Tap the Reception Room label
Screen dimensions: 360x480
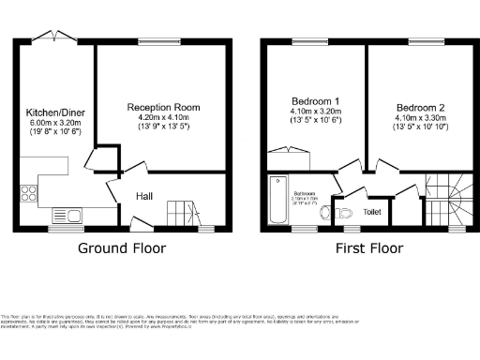[164, 108]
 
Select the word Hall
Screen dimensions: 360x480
[143, 196]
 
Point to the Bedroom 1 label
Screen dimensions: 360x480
[314, 101]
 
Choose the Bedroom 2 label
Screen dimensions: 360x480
[415, 108]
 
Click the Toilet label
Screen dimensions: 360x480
[371, 212]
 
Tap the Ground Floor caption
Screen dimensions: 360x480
[122, 248]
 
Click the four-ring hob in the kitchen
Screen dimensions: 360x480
[28, 195]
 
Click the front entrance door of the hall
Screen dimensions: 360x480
[141, 224]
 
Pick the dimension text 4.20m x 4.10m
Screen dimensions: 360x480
[164, 117]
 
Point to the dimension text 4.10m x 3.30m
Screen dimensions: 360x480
[415, 118]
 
